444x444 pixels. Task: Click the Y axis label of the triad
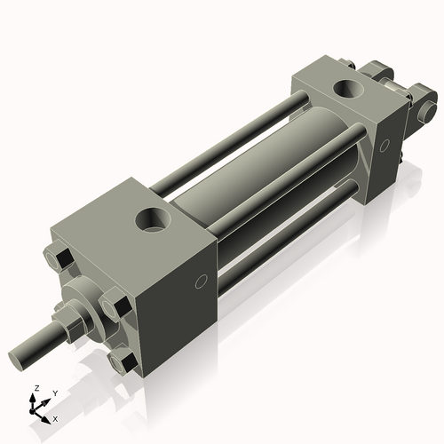tap(54, 393)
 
